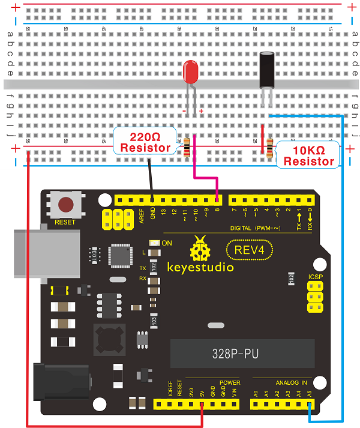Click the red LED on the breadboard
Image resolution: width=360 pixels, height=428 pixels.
tap(191, 73)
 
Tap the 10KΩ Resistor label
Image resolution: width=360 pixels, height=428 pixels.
tap(308, 156)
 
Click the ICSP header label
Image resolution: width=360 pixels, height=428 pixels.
tap(314, 278)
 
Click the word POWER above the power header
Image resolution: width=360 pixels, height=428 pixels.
tap(230, 382)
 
